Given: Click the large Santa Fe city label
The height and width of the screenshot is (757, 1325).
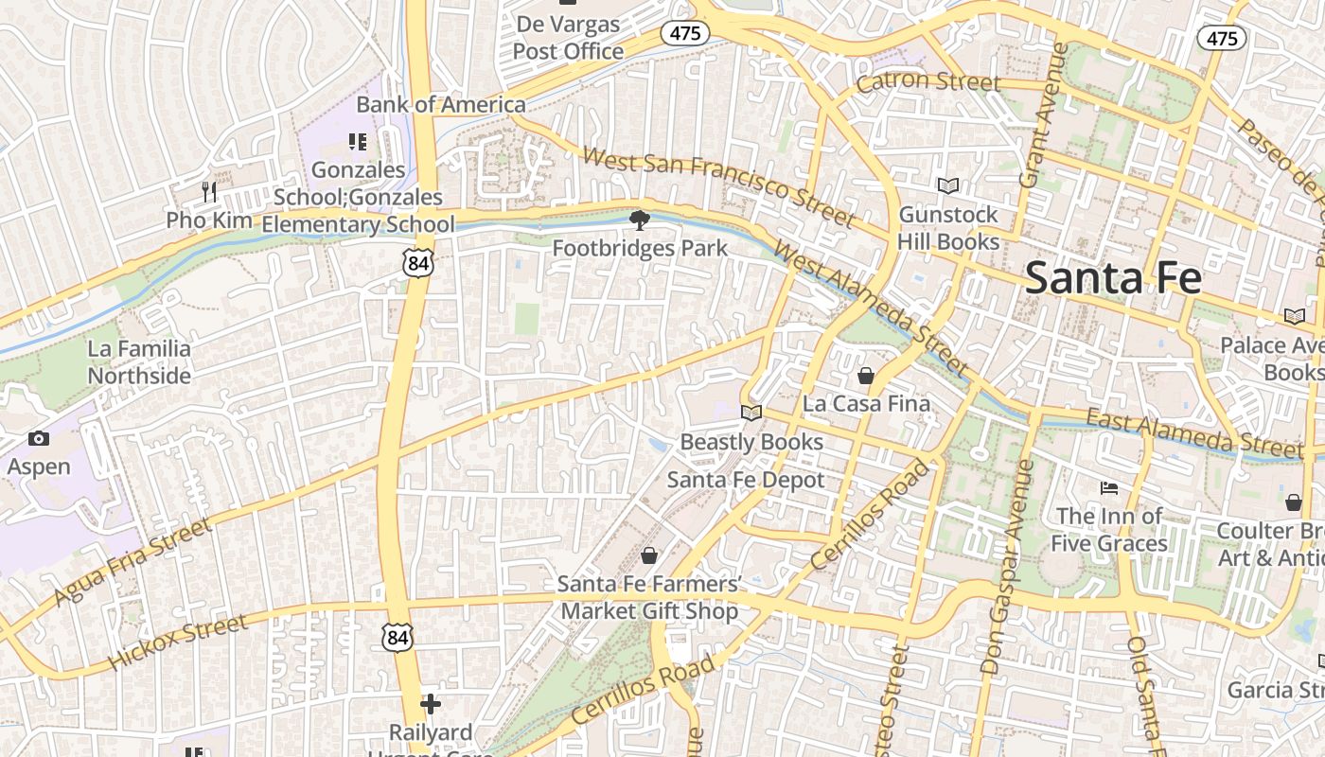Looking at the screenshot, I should pyautogui.click(x=1113, y=278).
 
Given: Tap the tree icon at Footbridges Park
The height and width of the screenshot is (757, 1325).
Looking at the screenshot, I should pyautogui.click(x=640, y=220).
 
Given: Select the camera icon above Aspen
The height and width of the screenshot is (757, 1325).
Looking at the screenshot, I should pyautogui.click(x=39, y=438).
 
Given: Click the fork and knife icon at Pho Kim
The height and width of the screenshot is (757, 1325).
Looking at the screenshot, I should pyautogui.click(x=209, y=192).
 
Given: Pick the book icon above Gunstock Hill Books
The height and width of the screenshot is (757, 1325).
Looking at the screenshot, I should pyautogui.click(x=947, y=186).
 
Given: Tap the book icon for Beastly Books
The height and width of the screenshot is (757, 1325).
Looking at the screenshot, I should pyautogui.click(x=751, y=413).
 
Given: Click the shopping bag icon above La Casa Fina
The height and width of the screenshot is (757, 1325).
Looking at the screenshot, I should pyautogui.click(x=865, y=376).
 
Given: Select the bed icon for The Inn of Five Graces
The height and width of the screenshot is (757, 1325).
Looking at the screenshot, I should pyautogui.click(x=1109, y=488).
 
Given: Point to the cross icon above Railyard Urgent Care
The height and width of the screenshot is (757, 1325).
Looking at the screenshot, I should pyautogui.click(x=431, y=704).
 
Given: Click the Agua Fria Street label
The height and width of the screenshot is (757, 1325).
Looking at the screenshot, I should pyautogui.click(x=132, y=562).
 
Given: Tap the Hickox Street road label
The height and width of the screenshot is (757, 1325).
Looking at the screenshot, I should pyautogui.click(x=178, y=642).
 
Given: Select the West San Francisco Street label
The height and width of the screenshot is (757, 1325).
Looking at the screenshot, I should pyautogui.click(x=717, y=186).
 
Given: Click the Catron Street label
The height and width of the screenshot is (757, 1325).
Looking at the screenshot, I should pyautogui.click(x=927, y=82).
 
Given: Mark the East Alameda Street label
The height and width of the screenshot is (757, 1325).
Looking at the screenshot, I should pyautogui.click(x=1194, y=431).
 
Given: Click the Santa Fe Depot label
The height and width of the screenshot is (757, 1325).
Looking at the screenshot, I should pyautogui.click(x=746, y=480).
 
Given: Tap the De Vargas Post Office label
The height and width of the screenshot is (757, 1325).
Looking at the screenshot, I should pyautogui.click(x=568, y=38).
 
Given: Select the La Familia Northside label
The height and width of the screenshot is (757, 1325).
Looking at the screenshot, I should pyautogui.click(x=139, y=362).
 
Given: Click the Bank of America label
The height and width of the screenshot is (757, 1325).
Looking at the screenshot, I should pyautogui.click(x=441, y=105).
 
